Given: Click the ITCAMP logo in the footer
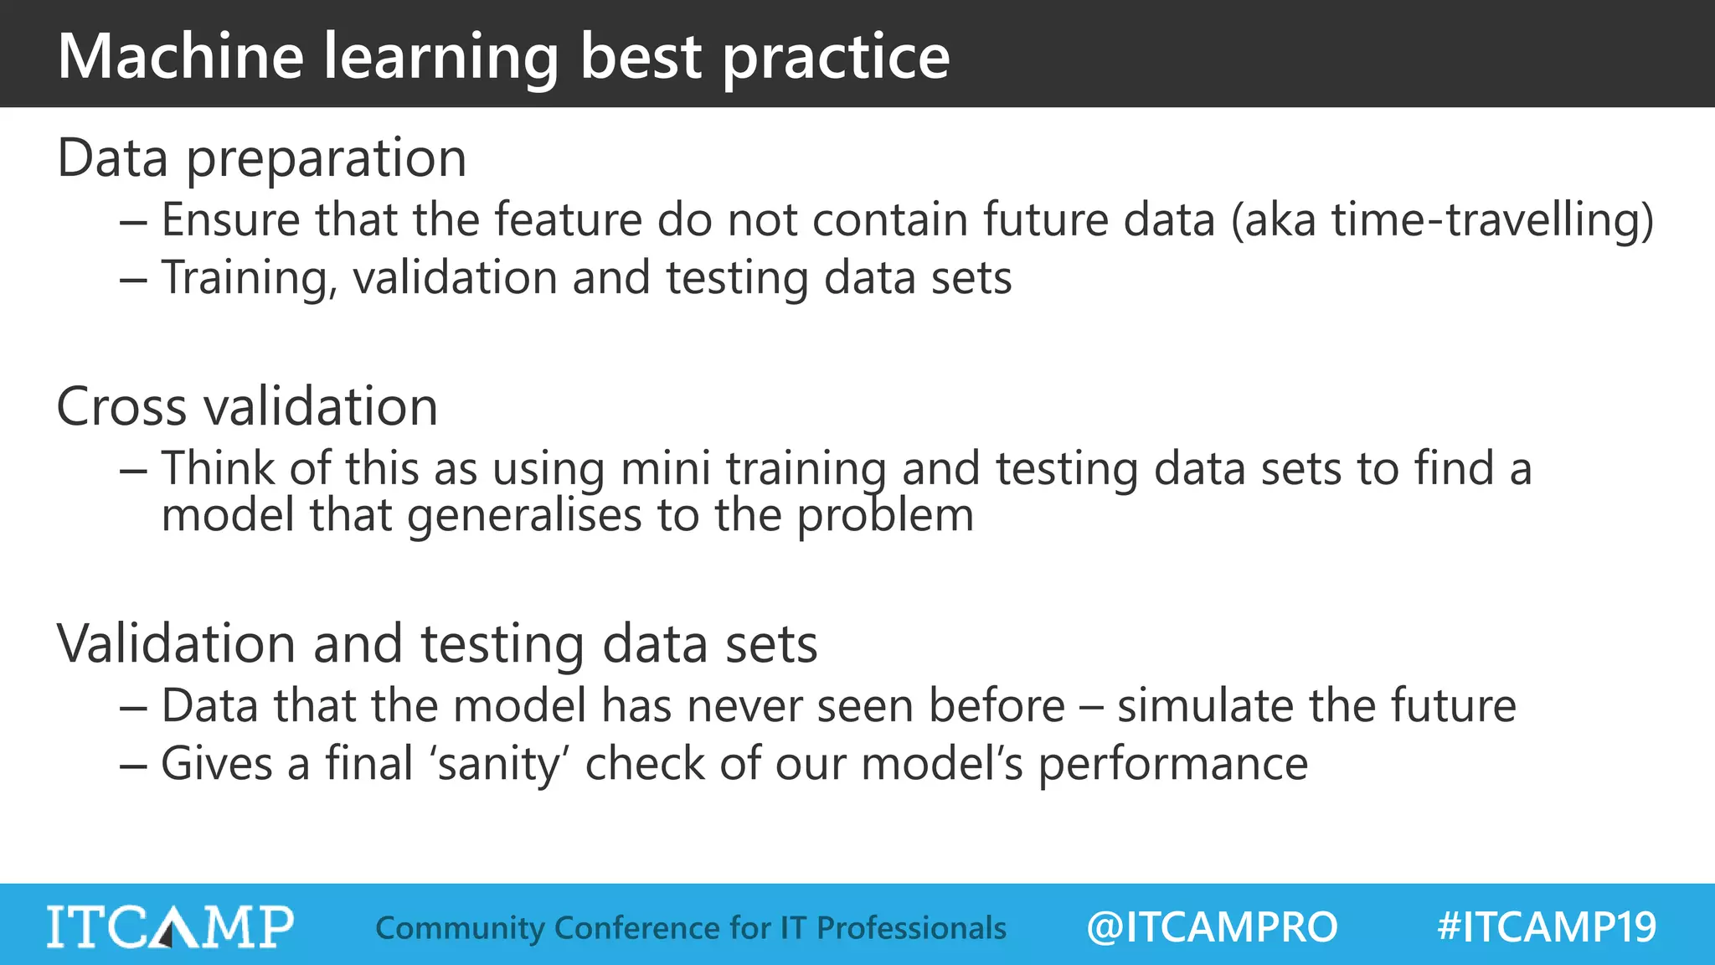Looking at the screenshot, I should click(x=170, y=926).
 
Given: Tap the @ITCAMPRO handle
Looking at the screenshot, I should click(x=1212, y=927).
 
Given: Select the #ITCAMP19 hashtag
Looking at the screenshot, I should click(x=1546, y=927).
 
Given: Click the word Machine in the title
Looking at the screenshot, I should click(x=181, y=56).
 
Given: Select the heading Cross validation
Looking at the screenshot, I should click(x=247, y=407).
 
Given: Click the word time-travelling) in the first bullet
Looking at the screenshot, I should click(x=1492, y=220).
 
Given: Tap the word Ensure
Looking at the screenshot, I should click(x=230, y=220).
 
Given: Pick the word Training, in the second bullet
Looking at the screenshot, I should click(x=249, y=278).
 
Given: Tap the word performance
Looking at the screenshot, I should click(x=1172, y=764).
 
